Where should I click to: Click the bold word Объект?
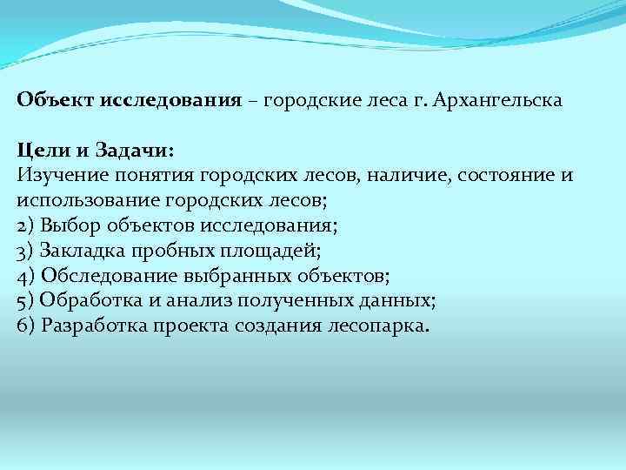[x=55, y=100]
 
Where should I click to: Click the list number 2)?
[x=25, y=225]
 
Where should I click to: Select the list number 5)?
[x=25, y=301]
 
